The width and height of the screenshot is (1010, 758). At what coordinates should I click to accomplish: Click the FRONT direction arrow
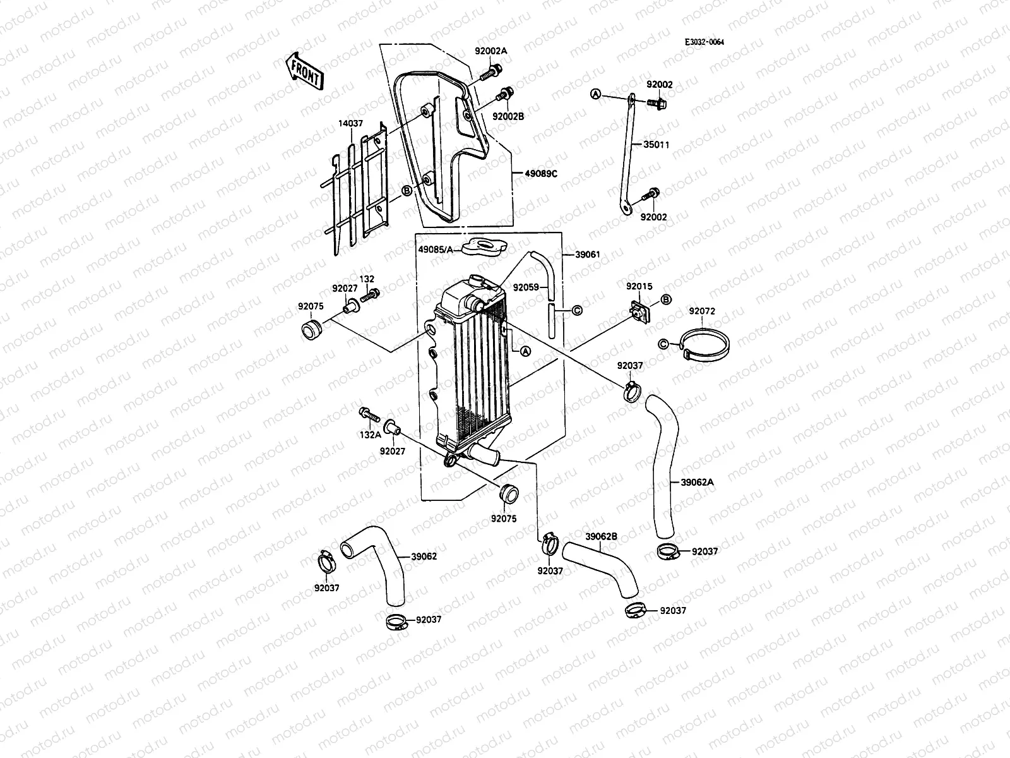(305, 71)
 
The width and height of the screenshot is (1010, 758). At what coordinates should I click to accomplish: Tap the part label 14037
(347, 125)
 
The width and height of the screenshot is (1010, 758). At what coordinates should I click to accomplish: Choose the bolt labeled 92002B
(504, 95)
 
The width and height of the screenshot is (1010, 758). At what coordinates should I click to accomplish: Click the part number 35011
(656, 145)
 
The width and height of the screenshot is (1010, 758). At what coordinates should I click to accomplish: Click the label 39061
(587, 255)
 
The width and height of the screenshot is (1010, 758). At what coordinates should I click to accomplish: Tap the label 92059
(525, 287)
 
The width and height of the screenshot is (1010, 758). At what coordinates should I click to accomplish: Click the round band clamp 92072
(706, 345)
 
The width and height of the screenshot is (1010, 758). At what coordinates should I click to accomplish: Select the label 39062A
(698, 481)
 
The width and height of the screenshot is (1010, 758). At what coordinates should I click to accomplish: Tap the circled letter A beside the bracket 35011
(594, 94)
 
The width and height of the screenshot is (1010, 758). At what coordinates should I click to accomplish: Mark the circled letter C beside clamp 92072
(663, 344)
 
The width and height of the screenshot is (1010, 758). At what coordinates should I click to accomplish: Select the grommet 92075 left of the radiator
(311, 329)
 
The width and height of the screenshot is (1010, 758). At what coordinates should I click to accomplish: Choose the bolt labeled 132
(370, 294)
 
